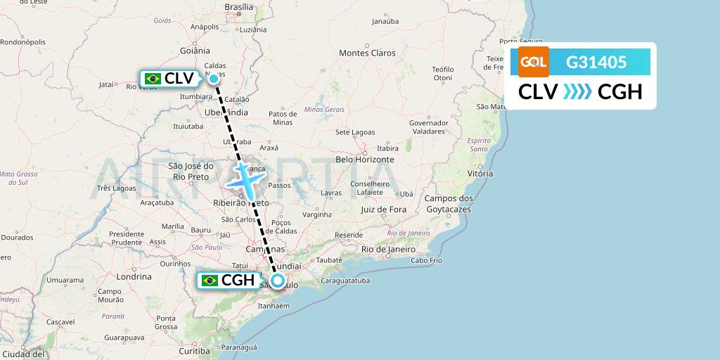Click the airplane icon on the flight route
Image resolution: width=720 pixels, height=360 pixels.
(244, 179)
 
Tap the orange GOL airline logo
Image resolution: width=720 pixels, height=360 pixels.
(534, 62)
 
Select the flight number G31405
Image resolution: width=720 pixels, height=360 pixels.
(596, 63)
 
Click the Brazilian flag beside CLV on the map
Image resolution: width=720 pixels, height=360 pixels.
(152, 79)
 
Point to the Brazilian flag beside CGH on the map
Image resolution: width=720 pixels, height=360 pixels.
(210, 281)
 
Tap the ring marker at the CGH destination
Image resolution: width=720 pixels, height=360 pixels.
(278, 281)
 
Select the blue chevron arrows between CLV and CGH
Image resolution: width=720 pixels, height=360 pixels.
(577, 92)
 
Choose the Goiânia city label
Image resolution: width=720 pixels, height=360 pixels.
(195, 51)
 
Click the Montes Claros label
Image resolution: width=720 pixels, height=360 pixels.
(367, 53)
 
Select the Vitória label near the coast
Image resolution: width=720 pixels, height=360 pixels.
(480, 173)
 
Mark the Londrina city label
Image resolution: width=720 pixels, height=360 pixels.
(133, 276)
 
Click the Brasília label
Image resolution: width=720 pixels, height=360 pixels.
(238, 7)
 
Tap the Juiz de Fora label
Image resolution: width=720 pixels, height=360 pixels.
(383, 209)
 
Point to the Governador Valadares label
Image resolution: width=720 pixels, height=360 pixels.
(428, 127)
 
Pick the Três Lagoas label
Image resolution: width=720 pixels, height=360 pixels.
(116, 188)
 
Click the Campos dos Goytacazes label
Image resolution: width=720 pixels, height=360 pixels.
(448, 204)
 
